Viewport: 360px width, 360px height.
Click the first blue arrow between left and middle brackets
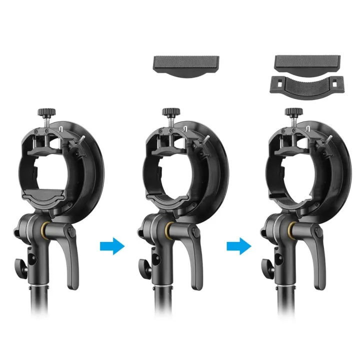[x=111, y=246]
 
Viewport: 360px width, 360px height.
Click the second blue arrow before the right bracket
[x=238, y=246]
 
